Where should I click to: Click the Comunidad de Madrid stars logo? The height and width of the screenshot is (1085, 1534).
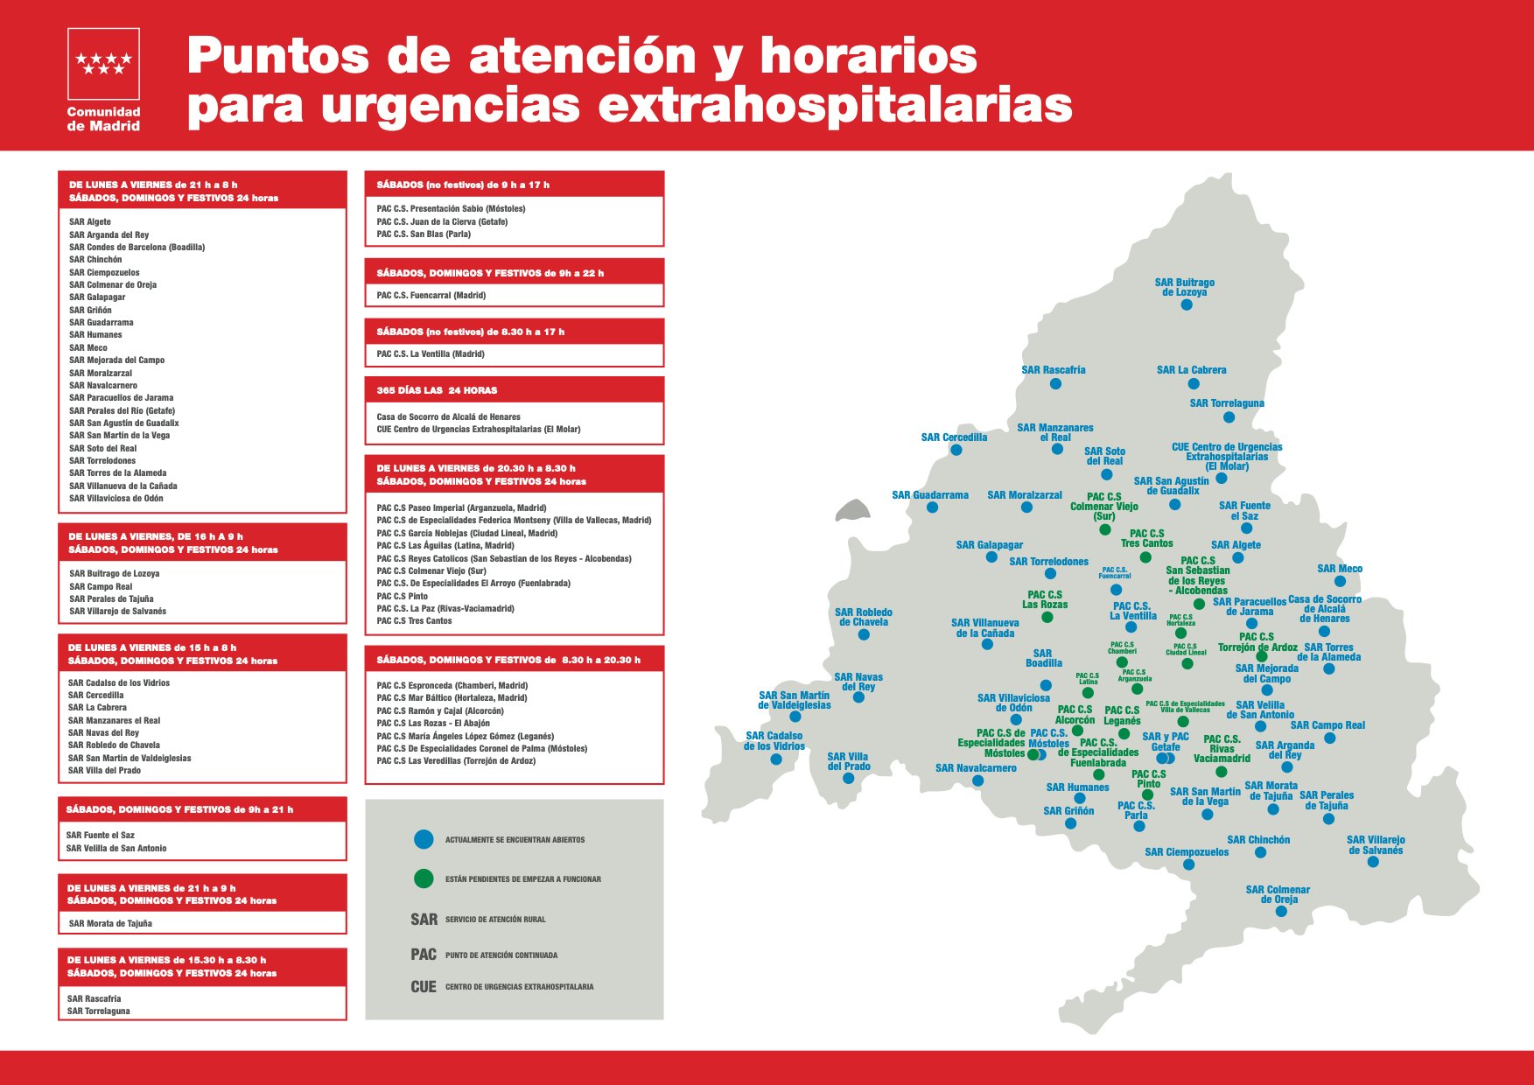pos(103,63)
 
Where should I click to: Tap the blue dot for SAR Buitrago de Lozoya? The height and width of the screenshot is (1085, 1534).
pos(1186,304)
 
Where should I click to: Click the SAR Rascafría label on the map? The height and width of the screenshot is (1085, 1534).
pos(1053,370)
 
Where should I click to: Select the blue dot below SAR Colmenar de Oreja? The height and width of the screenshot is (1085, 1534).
pos(1281,911)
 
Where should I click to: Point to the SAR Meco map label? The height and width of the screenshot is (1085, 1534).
pos(1339,569)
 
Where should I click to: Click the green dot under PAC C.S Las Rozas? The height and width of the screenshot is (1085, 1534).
pos(1047,618)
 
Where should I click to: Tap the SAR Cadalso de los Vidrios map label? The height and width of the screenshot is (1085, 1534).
pos(774,741)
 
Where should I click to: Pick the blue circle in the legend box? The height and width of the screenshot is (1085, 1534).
pos(424,839)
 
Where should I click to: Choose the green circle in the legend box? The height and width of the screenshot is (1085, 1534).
pos(424,878)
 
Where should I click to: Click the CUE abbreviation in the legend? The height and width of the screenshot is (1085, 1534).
pos(423,987)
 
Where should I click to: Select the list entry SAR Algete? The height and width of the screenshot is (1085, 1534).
pos(90,222)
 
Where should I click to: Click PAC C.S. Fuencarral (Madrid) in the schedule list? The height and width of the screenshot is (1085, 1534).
pos(431,296)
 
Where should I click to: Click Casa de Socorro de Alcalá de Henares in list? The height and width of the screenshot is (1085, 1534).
pos(448,417)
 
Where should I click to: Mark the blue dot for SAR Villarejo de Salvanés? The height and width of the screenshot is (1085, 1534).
pos(1373,862)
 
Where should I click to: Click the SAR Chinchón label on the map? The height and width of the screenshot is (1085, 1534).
pos(1257,840)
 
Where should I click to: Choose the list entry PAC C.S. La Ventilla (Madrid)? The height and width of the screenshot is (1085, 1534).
pos(430,354)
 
